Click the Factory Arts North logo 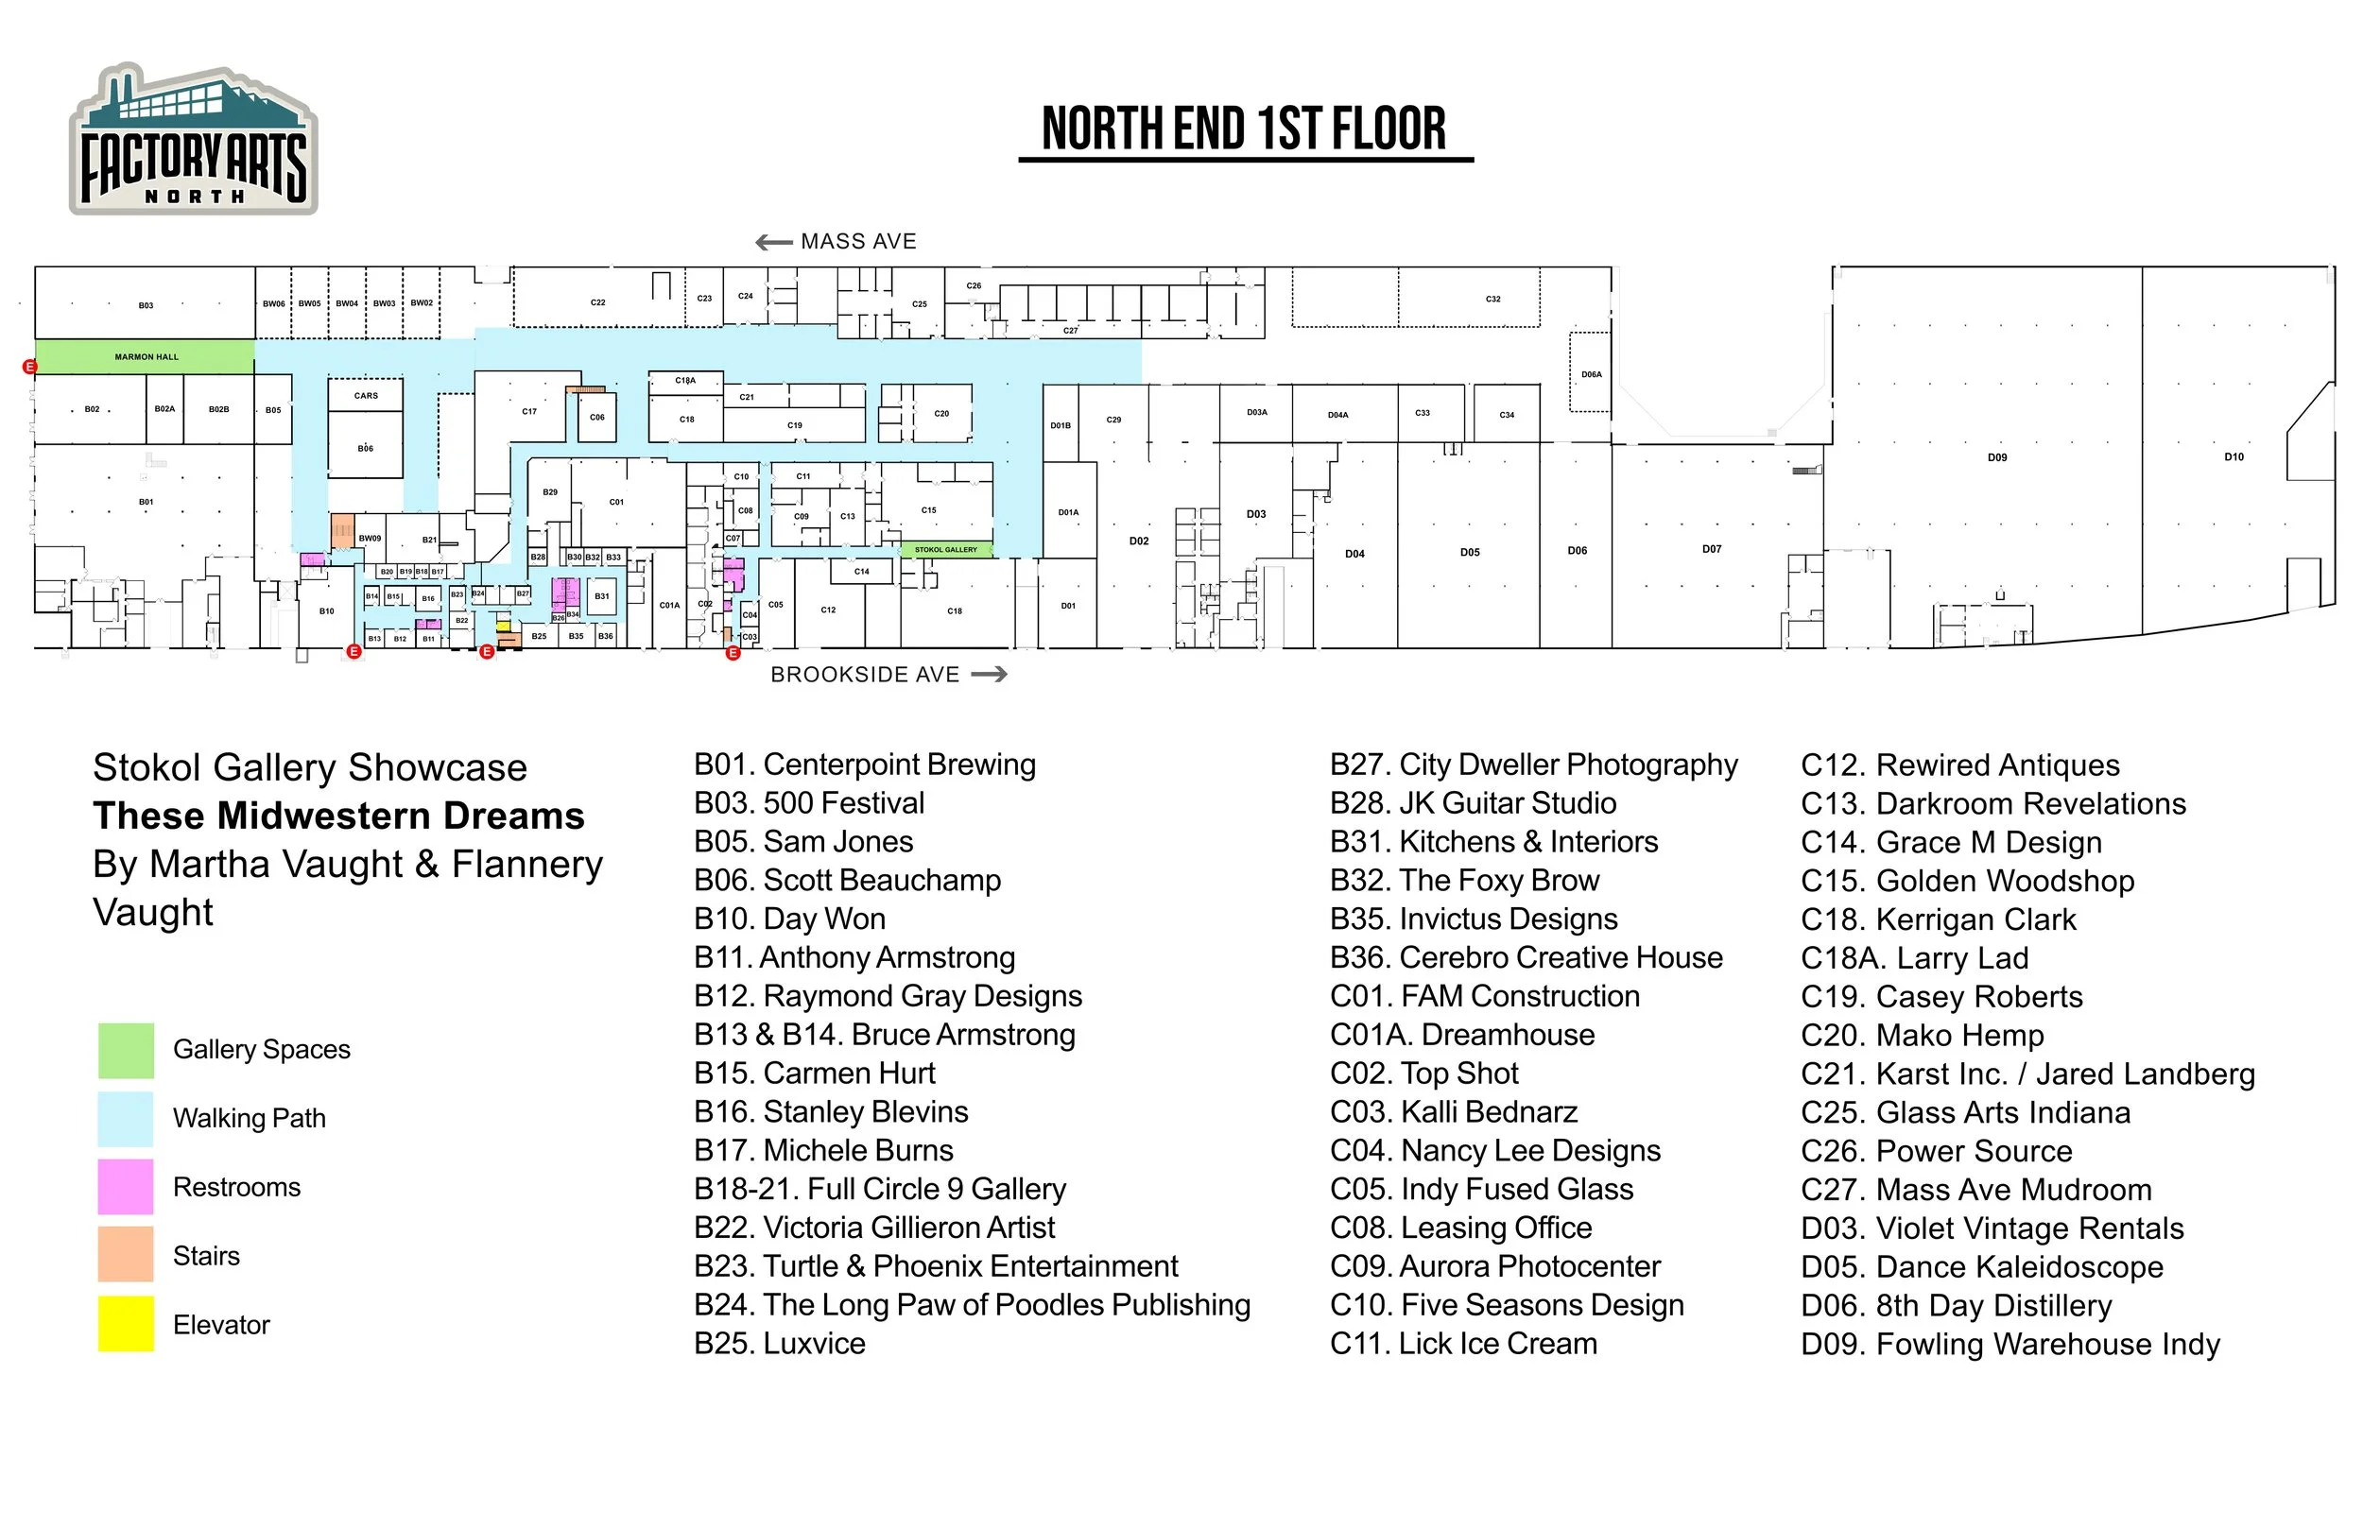point(194,140)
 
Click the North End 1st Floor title point(1244,130)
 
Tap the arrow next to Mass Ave point(773,242)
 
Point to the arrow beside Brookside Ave point(989,675)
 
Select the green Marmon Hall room point(145,356)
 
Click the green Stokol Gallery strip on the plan point(945,550)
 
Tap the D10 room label point(2234,456)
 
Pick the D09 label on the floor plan point(1997,457)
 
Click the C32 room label point(1493,299)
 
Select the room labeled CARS point(366,395)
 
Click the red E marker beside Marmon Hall point(30,368)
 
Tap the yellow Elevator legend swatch point(126,1324)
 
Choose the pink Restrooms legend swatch point(126,1187)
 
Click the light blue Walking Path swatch point(126,1118)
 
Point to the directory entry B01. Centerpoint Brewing point(865,764)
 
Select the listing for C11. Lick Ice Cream point(1463,1344)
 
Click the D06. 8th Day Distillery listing point(1956,1306)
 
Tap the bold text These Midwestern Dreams point(338,816)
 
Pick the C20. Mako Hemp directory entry point(1923,1036)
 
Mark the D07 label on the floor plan point(1712,549)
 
